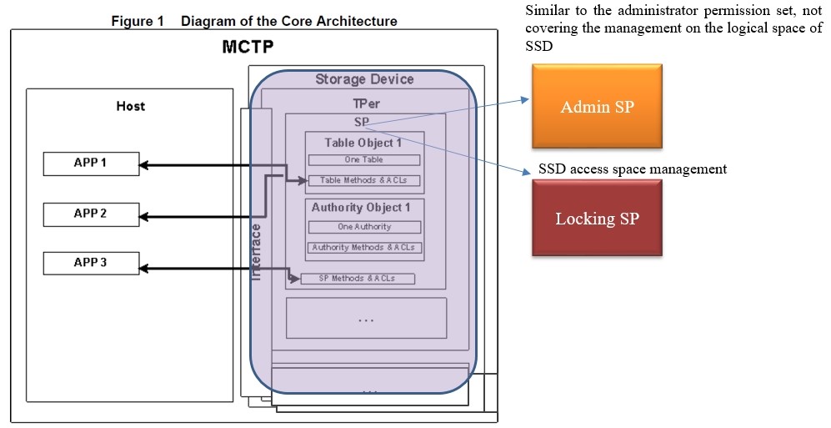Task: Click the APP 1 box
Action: point(90,164)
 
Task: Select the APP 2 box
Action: point(90,214)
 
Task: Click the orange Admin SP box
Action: point(597,108)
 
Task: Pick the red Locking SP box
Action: point(597,219)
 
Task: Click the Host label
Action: point(130,106)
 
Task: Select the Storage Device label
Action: point(364,79)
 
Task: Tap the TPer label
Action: point(364,103)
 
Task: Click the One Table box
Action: point(364,159)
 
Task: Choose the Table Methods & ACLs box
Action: point(364,180)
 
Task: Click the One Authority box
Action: point(364,227)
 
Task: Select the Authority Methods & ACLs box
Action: point(364,248)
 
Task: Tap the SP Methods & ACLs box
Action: point(358,279)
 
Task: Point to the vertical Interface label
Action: point(257,250)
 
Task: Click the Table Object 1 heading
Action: point(363,143)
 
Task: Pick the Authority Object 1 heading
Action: point(361,208)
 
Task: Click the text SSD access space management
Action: point(633,169)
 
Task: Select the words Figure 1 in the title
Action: point(138,21)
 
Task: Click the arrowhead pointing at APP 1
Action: point(143,165)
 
